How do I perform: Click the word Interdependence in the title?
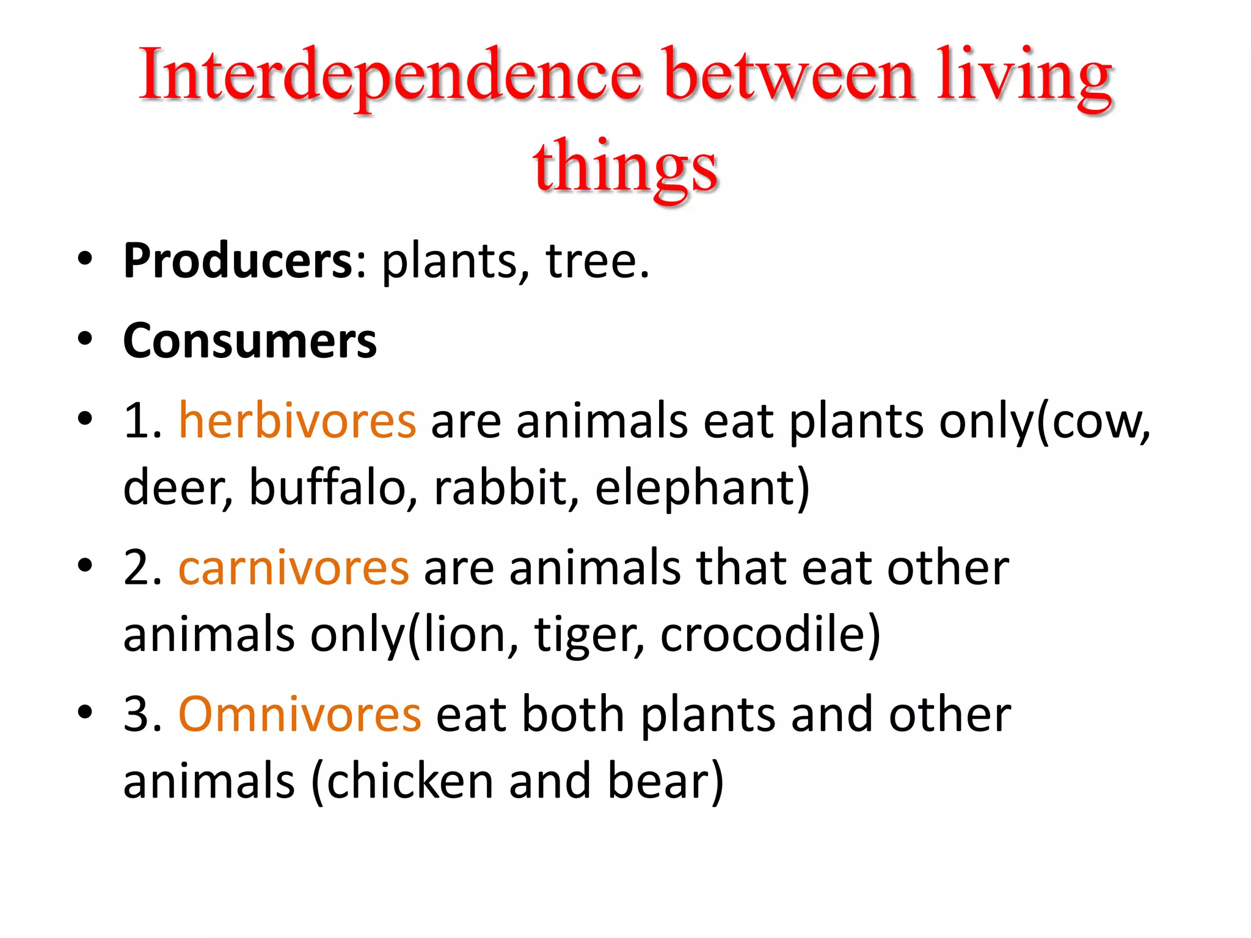coord(391,76)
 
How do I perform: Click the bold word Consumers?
coord(250,341)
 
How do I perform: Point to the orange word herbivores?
coord(297,421)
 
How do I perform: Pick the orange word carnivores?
coord(294,568)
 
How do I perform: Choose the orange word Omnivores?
coord(299,714)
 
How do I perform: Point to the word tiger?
coord(588,635)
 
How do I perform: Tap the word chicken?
coord(409,782)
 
